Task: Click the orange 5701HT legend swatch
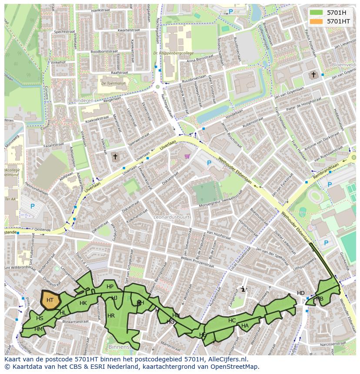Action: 317,21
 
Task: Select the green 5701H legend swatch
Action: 317,13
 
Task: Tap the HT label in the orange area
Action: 50,300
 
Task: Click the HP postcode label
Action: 110,287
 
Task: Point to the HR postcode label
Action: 111,316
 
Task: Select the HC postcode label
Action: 232,321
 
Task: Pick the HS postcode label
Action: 40,318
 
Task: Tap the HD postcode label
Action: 301,293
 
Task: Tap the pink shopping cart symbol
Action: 187,156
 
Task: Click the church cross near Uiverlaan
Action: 115,156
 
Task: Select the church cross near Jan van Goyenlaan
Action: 313,75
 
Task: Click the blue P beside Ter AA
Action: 32,206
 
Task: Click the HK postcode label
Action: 83,303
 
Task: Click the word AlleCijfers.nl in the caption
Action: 227,359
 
